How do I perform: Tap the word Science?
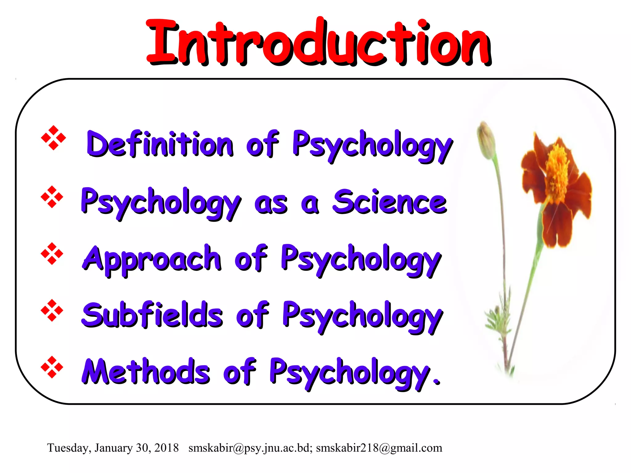pyautogui.click(x=389, y=202)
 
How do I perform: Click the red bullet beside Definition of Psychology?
pyautogui.click(x=53, y=138)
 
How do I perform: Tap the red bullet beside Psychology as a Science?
pyautogui.click(x=52, y=197)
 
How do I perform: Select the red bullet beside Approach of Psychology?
pyautogui.click(x=52, y=253)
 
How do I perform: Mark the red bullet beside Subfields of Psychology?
pyautogui.click(x=52, y=310)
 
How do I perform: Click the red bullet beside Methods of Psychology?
pyautogui.click(x=52, y=367)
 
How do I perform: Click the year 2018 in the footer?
pyautogui.click(x=166, y=448)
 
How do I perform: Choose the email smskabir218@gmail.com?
pyautogui.click(x=379, y=448)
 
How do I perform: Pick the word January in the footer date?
pyautogui.click(x=113, y=448)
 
